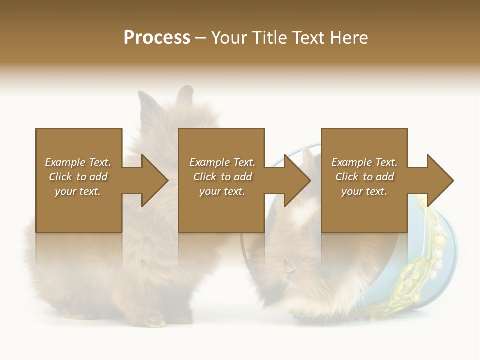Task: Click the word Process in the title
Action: [x=157, y=38]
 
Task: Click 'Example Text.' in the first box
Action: [x=78, y=162]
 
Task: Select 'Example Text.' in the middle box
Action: [x=222, y=162]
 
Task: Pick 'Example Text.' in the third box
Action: [x=364, y=162]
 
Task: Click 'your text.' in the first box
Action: [x=78, y=191]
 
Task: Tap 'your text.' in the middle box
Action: [x=222, y=191]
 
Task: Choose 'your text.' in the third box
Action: [x=364, y=191]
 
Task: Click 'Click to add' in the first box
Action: [x=78, y=177]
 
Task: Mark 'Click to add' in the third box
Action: [x=364, y=177]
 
